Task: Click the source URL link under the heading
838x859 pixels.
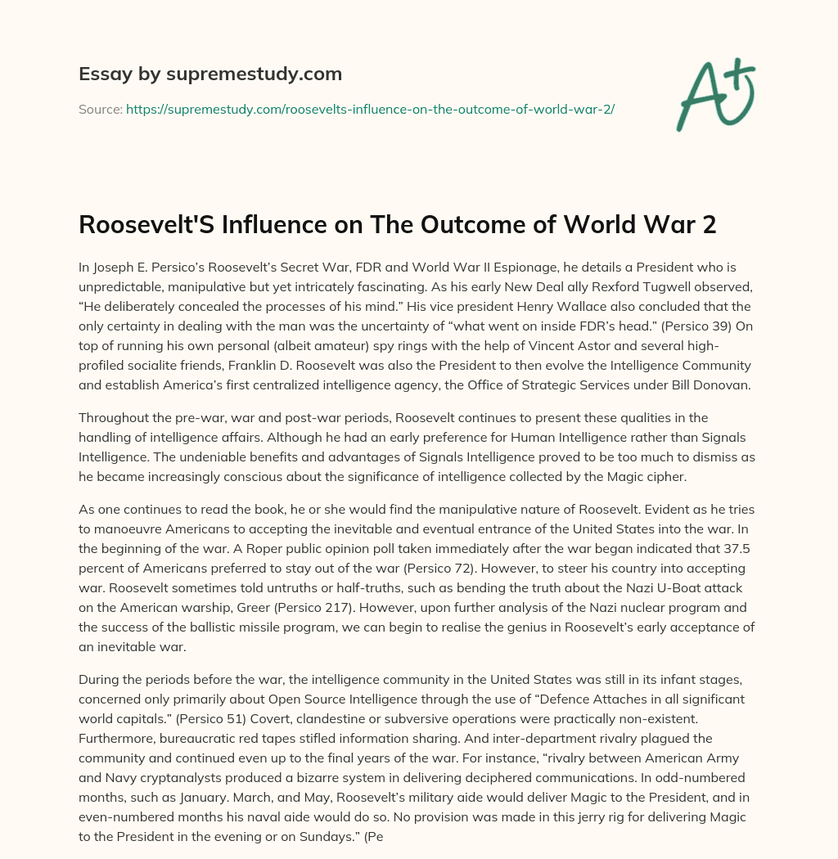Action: [x=370, y=109]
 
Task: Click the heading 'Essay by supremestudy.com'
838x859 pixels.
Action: [x=210, y=74]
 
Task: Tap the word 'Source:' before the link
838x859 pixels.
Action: [x=100, y=109]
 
